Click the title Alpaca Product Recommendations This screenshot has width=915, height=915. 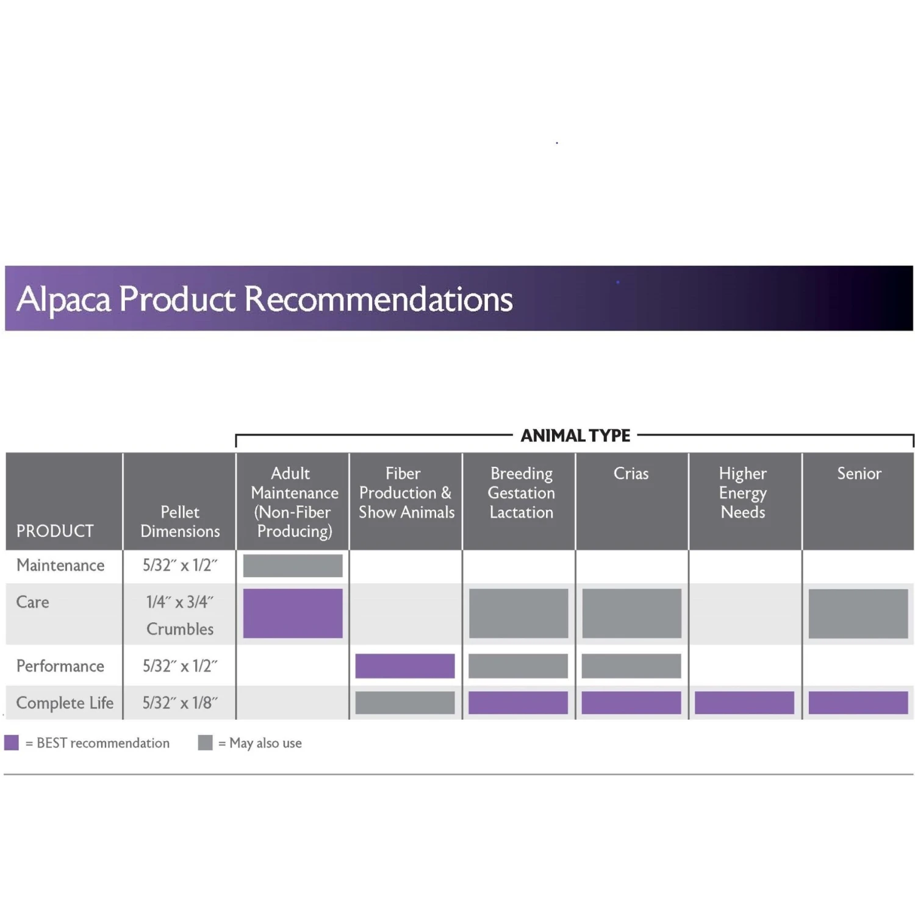pyautogui.click(x=264, y=299)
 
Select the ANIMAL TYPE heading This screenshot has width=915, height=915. pyautogui.click(x=575, y=436)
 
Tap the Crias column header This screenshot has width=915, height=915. pyautogui.click(x=631, y=473)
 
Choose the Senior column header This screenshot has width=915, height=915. pyautogui.click(x=859, y=473)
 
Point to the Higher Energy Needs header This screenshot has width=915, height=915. pyautogui.click(x=742, y=493)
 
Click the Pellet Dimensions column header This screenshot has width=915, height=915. pyautogui.click(x=180, y=522)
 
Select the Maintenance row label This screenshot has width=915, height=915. pyautogui.click(x=60, y=565)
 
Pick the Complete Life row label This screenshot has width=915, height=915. pyautogui.click(x=65, y=703)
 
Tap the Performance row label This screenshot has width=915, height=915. pyautogui.click(x=60, y=666)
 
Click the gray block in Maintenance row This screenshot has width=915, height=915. pyautogui.click(x=293, y=565)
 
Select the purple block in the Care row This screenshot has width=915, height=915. pyautogui.click(x=293, y=613)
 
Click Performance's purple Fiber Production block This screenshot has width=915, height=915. pyautogui.click(x=405, y=666)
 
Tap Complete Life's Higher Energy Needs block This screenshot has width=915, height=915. pyautogui.click(x=744, y=703)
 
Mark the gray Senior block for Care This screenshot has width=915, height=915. pyautogui.click(x=858, y=613)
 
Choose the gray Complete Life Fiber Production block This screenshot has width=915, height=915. pyautogui.click(x=405, y=703)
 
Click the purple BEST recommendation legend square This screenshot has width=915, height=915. pyautogui.click(x=12, y=742)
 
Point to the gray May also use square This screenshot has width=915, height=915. pyautogui.click(x=206, y=742)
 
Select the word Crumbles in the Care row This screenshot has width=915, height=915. pyautogui.click(x=180, y=629)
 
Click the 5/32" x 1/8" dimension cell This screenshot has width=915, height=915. pyautogui.click(x=180, y=703)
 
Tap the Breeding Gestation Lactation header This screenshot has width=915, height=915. pyautogui.click(x=522, y=493)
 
